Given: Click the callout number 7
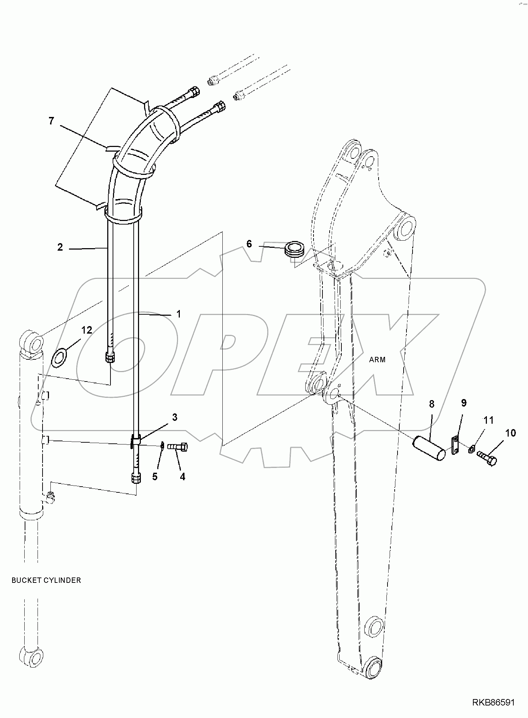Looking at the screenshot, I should [51, 121].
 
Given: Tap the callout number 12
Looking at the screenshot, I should [87, 330].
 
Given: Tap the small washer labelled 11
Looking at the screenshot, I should [471, 449].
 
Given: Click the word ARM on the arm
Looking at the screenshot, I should [378, 359].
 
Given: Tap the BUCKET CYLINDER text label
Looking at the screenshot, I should [46, 580].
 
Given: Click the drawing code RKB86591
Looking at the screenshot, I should [493, 703].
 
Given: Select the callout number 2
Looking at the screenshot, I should [60, 247].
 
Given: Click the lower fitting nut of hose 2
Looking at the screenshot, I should [110, 357].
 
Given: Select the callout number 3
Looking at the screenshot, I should [175, 417].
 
